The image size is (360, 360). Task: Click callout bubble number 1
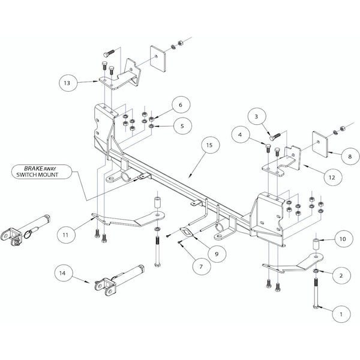[340, 313]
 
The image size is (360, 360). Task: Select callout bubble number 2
[340, 275]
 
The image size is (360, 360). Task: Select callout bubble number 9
[216, 253]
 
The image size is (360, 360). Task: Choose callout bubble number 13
[68, 83]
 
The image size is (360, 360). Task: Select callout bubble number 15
[209, 146]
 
